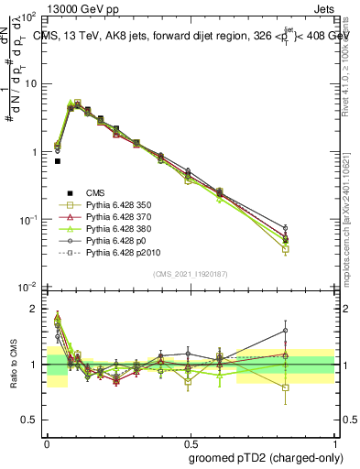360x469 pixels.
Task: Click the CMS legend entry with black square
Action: [96, 191]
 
